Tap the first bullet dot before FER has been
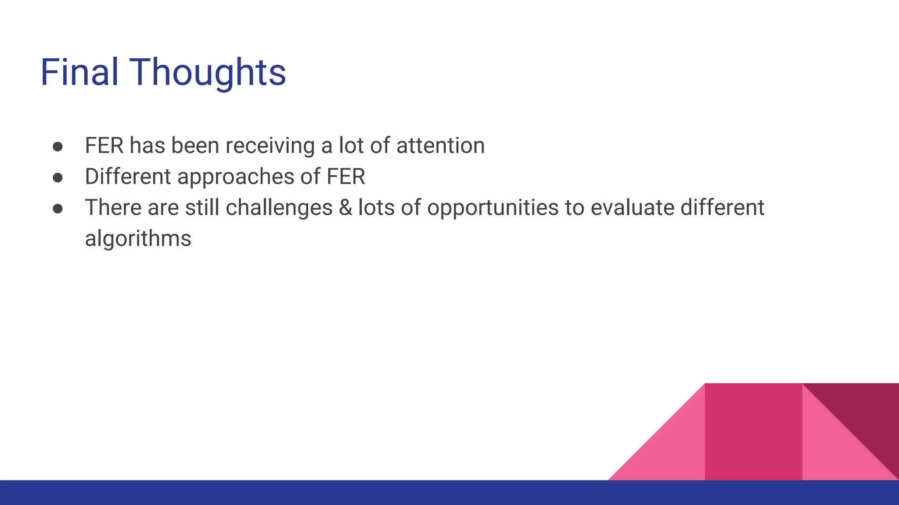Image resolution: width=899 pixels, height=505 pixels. pos(58,147)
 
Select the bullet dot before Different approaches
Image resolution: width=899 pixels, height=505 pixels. pos(58,178)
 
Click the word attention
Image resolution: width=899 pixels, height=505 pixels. pos(440,146)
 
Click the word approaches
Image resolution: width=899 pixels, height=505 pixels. pos(236,177)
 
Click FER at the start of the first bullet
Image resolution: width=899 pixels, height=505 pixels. pos(104,146)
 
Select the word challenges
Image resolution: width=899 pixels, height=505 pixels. pos(279,208)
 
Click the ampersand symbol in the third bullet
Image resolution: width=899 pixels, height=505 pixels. pos(345,208)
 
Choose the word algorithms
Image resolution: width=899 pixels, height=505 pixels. pos(138,239)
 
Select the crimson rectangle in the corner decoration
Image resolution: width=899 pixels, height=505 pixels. pos(753,432)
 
